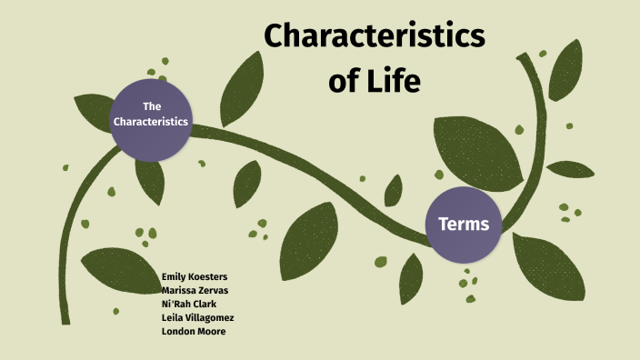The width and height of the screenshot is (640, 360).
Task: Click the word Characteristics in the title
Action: click(374, 37)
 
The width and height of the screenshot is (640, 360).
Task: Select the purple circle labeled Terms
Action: click(464, 224)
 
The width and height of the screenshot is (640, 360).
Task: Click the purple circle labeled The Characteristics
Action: click(152, 115)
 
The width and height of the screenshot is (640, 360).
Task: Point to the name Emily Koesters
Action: click(194, 276)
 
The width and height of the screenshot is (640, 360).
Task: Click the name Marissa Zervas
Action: click(194, 290)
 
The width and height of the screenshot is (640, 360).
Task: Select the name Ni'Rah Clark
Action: click(189, 304)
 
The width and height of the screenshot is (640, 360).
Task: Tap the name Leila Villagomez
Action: click(197, 317)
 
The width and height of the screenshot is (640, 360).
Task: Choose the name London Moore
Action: click(193, 331)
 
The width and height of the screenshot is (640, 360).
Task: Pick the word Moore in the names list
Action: click(211, 331)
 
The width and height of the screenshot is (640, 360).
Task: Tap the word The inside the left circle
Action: click(152, 106)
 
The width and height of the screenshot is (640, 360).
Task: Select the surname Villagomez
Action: click(209, 317)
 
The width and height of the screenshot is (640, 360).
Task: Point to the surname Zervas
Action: click(211, 290)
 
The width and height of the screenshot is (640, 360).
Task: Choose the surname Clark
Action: click(205, 304)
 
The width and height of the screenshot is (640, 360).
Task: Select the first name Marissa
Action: click(177, 290)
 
